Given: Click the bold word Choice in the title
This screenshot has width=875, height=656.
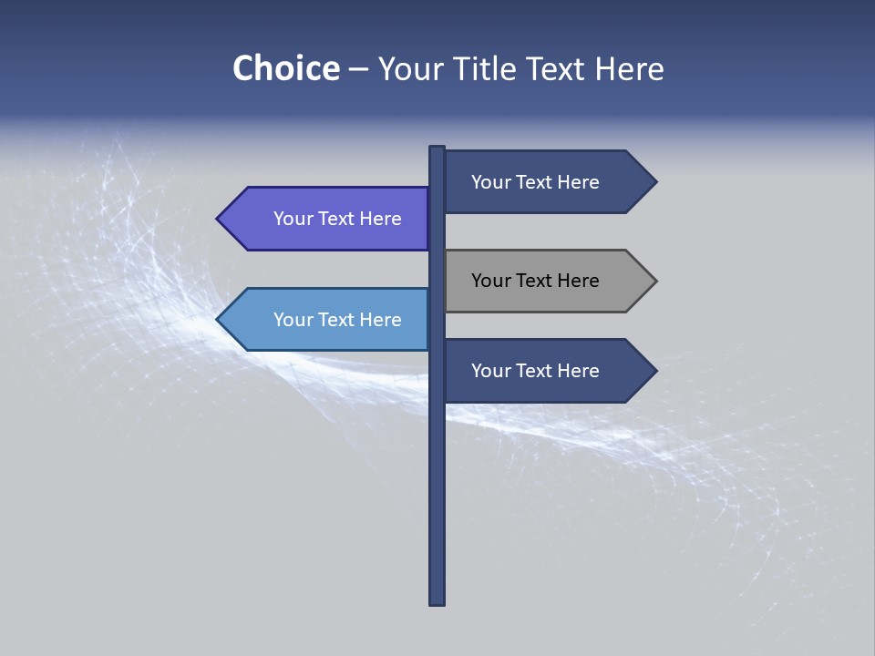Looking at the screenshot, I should pos(285,68).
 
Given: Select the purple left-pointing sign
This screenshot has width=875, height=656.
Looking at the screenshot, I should pos(328,219).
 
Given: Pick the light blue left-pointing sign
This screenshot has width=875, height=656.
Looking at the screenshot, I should pos(328,320).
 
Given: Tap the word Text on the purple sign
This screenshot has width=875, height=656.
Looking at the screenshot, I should pos(337,219).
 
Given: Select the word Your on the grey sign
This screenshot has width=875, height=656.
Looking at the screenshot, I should pos(490,281).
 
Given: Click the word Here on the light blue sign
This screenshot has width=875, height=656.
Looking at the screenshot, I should pos(380,320).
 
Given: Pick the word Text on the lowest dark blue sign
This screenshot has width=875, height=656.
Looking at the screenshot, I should pos(535,371).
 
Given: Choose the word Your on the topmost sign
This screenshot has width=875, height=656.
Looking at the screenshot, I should pos(490,182).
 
